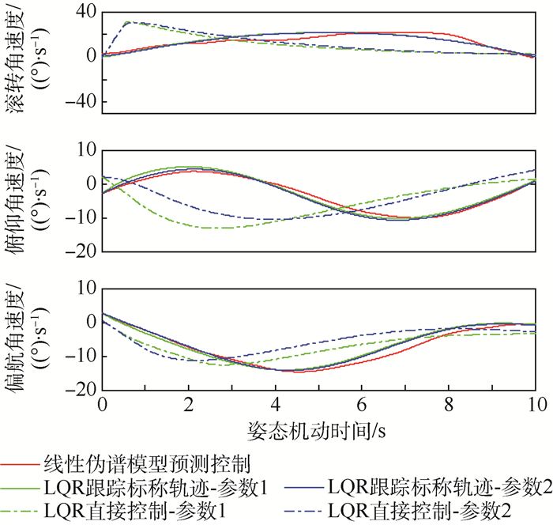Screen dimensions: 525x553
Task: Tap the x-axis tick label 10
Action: [535, 405]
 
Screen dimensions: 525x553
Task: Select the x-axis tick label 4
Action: [275, 405]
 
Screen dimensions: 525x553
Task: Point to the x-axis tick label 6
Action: [362, 405]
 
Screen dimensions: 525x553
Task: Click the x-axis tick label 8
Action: [449, 405]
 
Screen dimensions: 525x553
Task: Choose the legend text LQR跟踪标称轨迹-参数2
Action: [438, 485]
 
